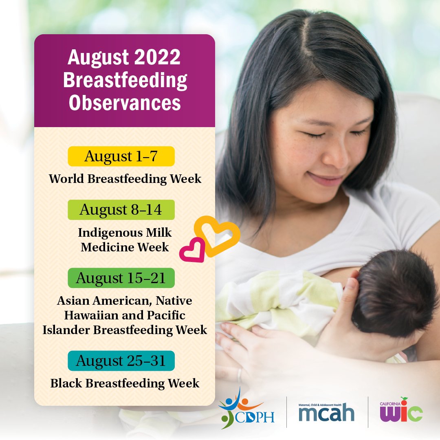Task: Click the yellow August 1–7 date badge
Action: [x=121, y=156]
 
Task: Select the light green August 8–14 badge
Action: [x=121, y=210]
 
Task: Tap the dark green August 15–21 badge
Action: [x=121, y=278]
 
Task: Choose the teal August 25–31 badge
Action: [x=121, y=361]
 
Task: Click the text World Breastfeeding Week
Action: [x=125, y=179]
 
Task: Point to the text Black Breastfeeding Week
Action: [x=125, y=383]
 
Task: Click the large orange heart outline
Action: [x=217, y=235]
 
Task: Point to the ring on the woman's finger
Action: [x=240, y=374]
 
